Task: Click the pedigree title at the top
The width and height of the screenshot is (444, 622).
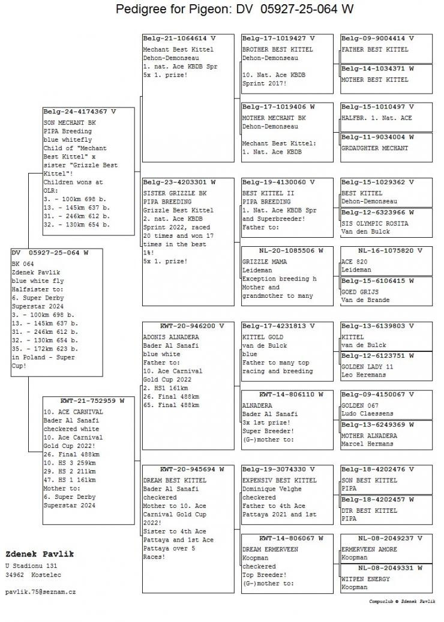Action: click(x=234, y=10)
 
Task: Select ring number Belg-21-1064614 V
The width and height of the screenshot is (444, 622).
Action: click(x=179, y=38)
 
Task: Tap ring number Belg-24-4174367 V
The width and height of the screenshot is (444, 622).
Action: click(x=80, y=112)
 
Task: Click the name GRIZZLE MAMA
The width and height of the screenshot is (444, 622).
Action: click(x=265, y=262)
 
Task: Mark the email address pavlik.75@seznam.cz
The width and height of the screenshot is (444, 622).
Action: click(x=41, y=591)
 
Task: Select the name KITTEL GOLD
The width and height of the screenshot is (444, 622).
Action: click(x=263, y=337)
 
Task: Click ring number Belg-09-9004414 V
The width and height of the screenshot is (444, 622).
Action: click(x=377, y=38)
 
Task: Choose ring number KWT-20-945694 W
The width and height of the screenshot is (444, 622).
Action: click(x=183, y=469)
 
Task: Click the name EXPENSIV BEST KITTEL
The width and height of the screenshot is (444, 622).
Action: click(x=279, y=480)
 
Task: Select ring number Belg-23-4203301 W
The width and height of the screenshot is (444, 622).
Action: click(x=179, y=182)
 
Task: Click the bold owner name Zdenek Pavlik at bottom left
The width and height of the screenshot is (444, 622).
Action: click(x=39, y=554)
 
